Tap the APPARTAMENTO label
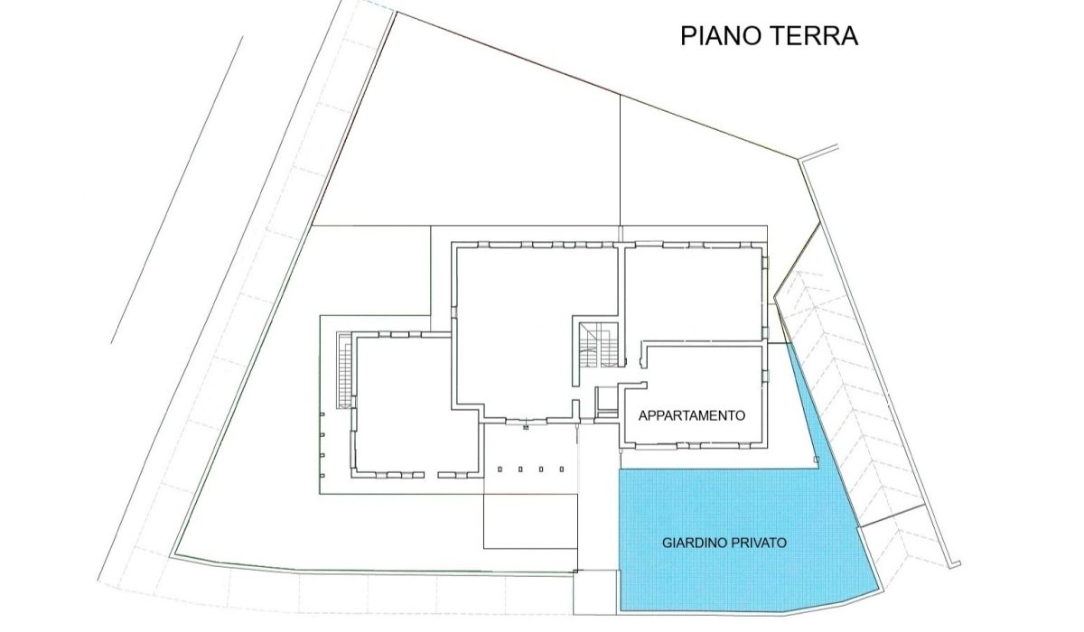tap(691, 416)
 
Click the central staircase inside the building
tap(598, 345)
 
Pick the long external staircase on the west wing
tap(343, 370)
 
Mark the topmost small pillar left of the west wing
tap(322, 414)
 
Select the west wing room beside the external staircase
tap(402, 402)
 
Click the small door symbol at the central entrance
tap(525, 426)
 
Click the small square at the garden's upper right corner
tap(817, 462)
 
